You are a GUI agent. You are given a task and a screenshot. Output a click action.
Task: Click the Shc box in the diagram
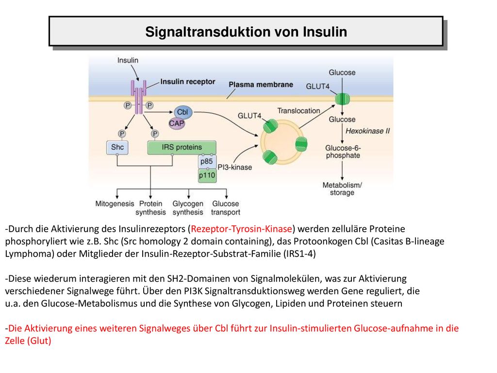117,148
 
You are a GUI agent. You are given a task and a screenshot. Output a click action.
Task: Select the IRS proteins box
182,148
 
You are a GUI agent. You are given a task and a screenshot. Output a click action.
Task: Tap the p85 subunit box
207,161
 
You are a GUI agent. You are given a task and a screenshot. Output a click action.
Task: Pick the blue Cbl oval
183,112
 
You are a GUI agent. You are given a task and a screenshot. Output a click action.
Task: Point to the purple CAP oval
177,123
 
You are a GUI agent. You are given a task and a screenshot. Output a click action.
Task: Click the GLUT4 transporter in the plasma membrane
342,99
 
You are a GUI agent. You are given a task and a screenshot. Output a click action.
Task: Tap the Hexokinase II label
367,131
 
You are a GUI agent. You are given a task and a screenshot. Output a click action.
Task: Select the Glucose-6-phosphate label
343,152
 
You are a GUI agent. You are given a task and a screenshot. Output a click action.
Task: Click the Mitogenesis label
115,203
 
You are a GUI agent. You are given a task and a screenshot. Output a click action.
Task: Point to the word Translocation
298,111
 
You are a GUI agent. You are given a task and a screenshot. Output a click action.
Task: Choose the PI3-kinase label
235,167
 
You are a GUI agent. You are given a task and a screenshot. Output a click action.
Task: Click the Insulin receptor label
188,82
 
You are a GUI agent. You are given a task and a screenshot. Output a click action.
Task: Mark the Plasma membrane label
261,85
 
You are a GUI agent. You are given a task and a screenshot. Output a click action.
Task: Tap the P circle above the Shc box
122,134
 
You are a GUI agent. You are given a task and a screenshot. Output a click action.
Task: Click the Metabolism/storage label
342,189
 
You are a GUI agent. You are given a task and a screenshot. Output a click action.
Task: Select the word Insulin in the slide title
325,32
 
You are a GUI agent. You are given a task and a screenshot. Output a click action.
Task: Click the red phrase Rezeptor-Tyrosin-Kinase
241,229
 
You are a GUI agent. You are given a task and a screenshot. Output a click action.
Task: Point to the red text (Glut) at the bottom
39,340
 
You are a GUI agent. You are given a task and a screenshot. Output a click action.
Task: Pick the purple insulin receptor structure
139,97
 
